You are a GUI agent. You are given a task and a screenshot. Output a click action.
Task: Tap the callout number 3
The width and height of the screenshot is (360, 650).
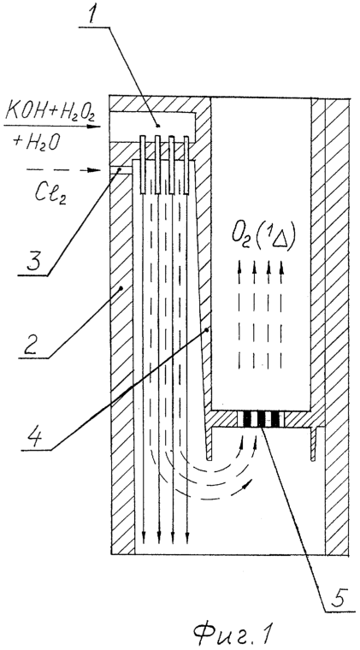coord(35,261)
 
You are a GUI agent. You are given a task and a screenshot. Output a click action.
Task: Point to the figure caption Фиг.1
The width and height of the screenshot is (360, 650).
coord(233,634)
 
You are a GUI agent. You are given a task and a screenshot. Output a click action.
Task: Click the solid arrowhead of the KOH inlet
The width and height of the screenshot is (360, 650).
coord(97,126)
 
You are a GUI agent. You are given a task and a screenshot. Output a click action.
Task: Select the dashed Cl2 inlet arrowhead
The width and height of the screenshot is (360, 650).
coord(97,170)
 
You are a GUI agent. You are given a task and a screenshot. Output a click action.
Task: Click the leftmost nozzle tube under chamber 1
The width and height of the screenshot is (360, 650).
coord(143,165)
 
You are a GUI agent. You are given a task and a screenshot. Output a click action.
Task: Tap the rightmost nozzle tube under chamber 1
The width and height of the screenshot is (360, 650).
coord(186,165)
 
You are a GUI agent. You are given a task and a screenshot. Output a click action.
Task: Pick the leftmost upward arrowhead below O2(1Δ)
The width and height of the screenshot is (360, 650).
coord(239,268)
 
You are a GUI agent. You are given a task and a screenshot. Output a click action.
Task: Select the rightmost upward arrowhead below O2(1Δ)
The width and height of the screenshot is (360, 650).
coord(281,268)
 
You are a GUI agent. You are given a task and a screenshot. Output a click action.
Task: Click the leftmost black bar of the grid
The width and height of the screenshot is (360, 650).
coord(247,419)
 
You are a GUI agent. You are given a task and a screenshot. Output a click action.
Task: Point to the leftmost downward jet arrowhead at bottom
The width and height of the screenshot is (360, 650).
coord(143,539)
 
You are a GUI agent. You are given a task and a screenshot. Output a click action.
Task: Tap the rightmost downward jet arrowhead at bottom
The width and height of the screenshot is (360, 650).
coord(187,539)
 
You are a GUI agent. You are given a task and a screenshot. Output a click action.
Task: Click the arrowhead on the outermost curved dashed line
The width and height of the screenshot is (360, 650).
coord(248,482)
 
